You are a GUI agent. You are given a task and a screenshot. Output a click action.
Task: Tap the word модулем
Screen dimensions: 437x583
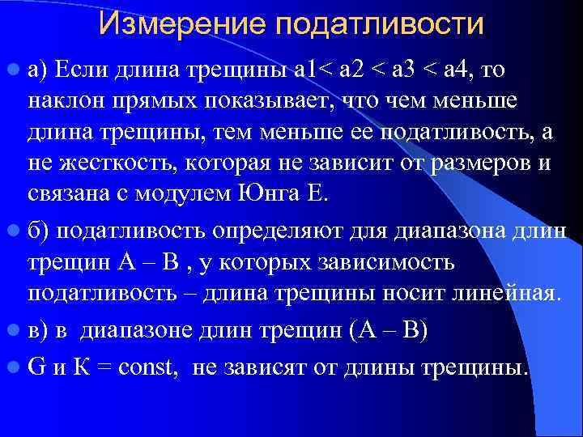(x=195, y=193)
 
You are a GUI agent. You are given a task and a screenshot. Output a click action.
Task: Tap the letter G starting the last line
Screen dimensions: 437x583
(x=35, y=368)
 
